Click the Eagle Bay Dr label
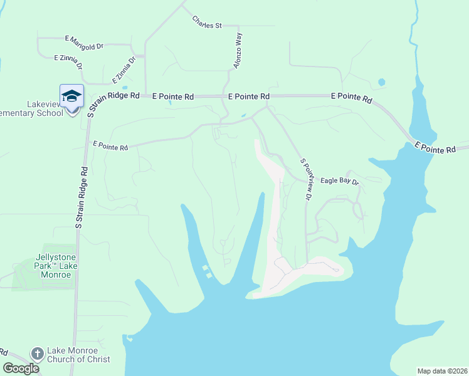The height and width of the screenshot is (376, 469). pyautogui.click(x=339, y=180)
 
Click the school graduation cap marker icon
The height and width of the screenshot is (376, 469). pyautogui.click(x=71, y=96)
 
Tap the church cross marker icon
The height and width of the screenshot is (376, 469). pyautogui.click(x=37, y=354)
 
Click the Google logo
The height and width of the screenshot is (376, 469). pyautogui.click(x=21, y=368)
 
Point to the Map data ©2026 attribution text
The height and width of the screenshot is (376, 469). pyautogui.click(x=441, y=371)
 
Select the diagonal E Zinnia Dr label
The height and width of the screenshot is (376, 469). pyautogui.click(x=124, y=70)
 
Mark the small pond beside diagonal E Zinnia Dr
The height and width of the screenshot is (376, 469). pyautogui.click(x=125, y=87)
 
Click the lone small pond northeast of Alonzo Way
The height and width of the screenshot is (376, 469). pyautogui.click(x=381, y=81)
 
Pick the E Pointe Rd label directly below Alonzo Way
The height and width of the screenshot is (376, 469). pyautogui.click(x=249, y=97)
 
